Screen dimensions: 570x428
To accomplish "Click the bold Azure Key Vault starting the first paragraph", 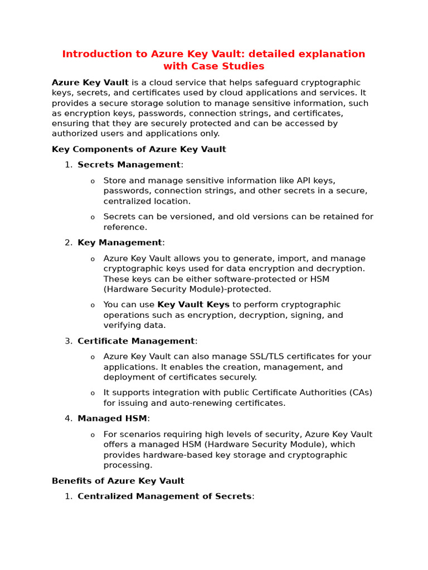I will [90, 82].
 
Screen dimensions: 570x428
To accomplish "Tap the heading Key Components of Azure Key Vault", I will [139, 149].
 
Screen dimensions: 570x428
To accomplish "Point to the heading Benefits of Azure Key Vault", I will [118, 480].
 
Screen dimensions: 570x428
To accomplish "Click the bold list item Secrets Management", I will [129, 165].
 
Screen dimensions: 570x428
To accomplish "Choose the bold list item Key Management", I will [120, 243].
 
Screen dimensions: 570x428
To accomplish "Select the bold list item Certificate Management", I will [136, 341].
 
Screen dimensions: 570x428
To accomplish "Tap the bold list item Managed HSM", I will [112, 419].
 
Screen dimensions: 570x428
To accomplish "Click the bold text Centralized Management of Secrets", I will [164, 496].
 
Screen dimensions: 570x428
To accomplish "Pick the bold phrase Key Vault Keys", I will [193, 304].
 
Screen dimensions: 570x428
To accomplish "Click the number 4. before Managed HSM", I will [68, 419].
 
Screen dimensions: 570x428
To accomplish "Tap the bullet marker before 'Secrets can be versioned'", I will [93, 217].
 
